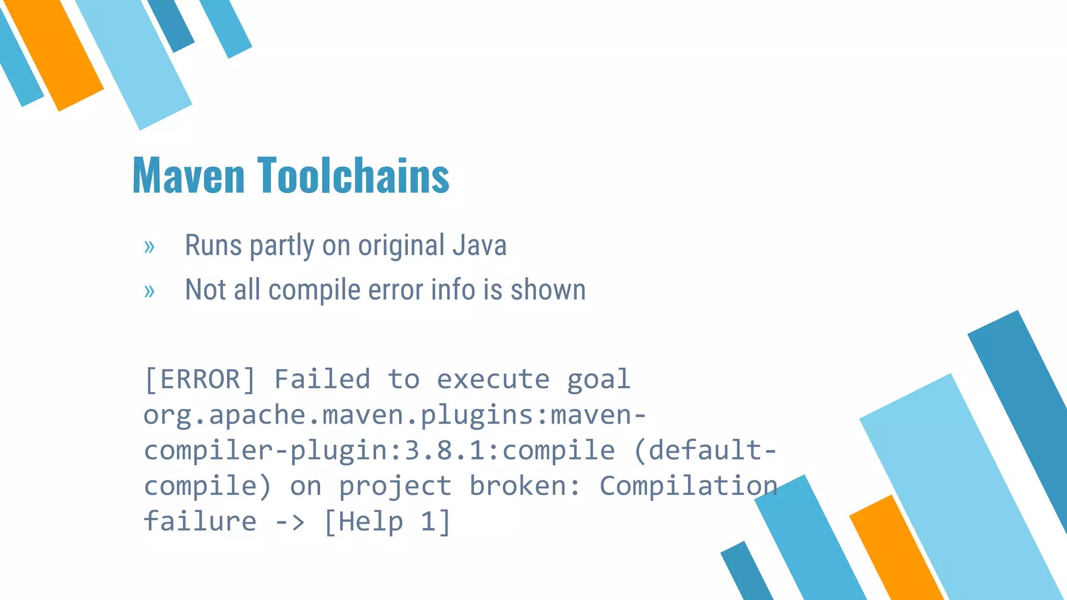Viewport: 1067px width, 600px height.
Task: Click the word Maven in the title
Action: click(x=189, y=176)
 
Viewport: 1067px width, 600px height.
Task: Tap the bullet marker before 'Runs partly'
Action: click(x=150, y=246)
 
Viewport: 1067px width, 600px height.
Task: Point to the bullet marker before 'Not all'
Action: click(x=150, y=291)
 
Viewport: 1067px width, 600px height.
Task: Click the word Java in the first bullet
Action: click(x=479, y=245)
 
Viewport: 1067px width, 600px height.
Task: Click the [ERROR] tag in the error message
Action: click(x=200, y=379)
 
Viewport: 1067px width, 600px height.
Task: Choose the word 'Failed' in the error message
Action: click(x=322, y=379)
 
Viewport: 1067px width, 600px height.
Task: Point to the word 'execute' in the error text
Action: click(x=493, y=379)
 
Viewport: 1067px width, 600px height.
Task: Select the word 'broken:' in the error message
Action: click(x=525, y=486)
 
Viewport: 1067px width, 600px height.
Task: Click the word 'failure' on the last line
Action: click(x=200, y=521)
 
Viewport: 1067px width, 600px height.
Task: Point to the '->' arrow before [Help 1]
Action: click(x=290, y=522)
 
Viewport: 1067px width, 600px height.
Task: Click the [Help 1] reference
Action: click(x=387, y=522)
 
